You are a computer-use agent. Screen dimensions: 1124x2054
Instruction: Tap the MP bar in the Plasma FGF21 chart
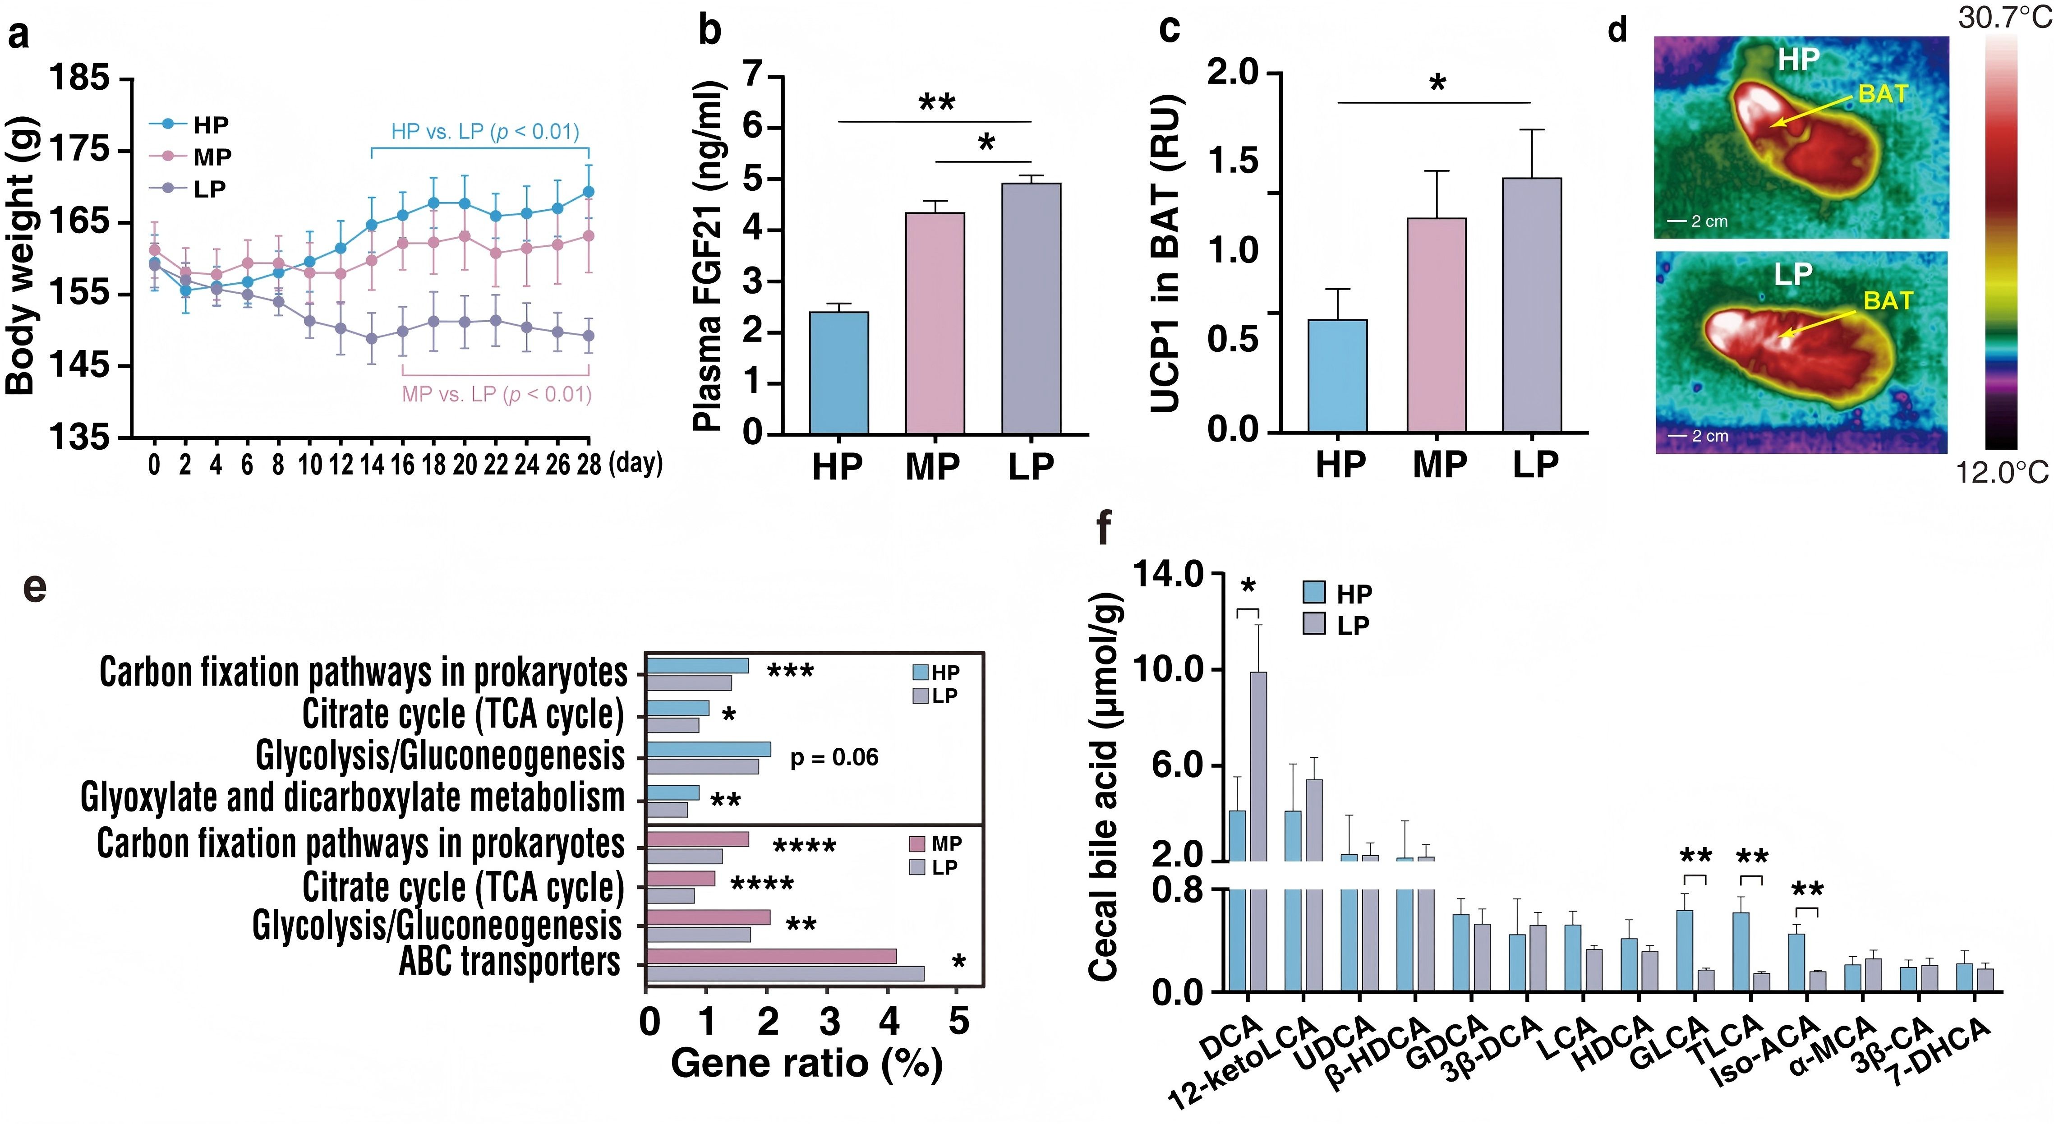click(x=935, y=323)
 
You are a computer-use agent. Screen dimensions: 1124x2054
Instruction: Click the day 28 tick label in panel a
click(x=589, y=465)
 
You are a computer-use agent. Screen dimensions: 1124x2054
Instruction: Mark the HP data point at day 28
click(x=589, y=192)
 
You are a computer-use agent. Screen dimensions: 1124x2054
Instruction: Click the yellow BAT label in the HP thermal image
click(x=1883, y=94)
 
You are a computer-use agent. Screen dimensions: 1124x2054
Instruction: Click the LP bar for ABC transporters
click(x=785, y=973)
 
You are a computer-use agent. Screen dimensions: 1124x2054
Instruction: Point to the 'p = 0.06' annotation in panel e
click(x=834, y=757)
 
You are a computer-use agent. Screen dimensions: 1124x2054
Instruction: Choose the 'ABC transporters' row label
click(x=510, y=961)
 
